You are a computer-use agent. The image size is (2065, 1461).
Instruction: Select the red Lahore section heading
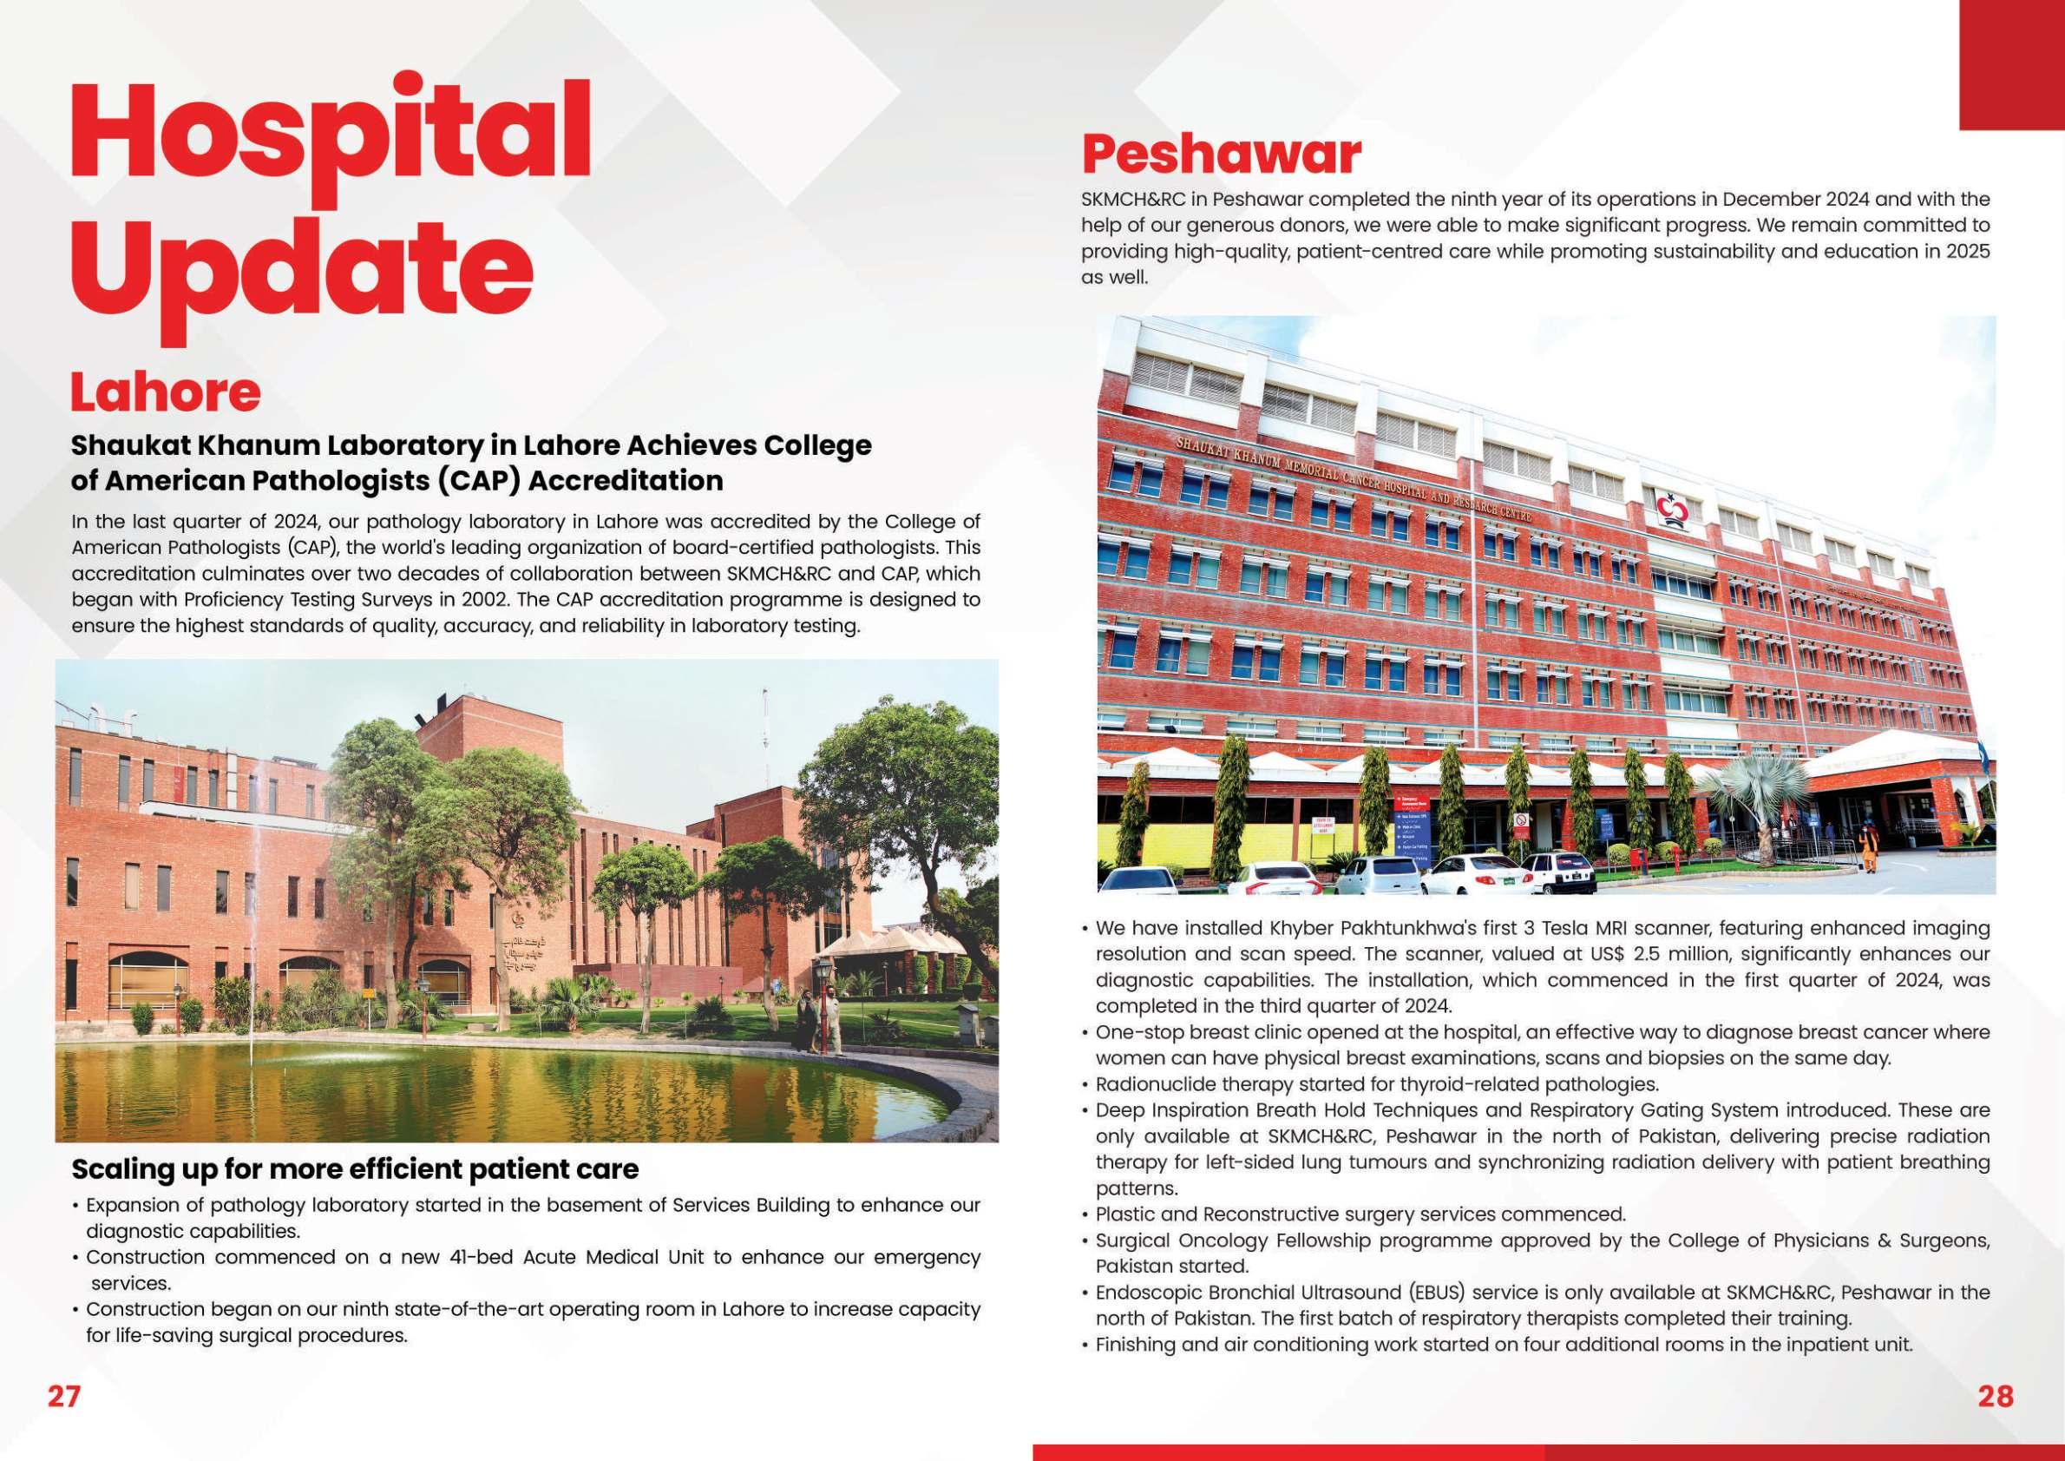click(x=166, y=392)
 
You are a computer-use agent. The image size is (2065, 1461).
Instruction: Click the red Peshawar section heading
click(x=1221, y=155)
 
